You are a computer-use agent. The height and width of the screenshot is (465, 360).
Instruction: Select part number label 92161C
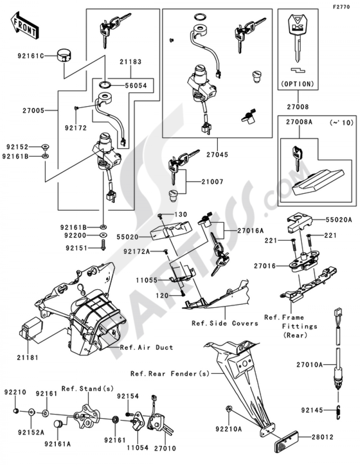pos(30,56)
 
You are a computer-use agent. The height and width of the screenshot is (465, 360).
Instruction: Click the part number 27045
pos(217,155)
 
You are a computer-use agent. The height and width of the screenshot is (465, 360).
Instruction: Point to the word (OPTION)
pos(298,84)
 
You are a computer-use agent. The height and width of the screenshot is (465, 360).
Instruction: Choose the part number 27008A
pos(299,122)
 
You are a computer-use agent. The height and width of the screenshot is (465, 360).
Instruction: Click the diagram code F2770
pos(341,7)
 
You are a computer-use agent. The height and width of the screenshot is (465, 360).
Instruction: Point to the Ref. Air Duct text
pos(147,347)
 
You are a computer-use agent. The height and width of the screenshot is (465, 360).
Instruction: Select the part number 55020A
pos(339,220)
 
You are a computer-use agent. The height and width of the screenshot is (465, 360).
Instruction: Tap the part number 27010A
pos(310,365)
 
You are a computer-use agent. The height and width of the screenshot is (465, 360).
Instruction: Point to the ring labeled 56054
pos(105,85)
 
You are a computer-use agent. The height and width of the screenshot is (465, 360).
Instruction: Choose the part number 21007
pos(212,182)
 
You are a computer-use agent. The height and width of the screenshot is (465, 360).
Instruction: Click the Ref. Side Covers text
pos(225,323)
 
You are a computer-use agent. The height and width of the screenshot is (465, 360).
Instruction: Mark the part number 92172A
pos(136,252)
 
